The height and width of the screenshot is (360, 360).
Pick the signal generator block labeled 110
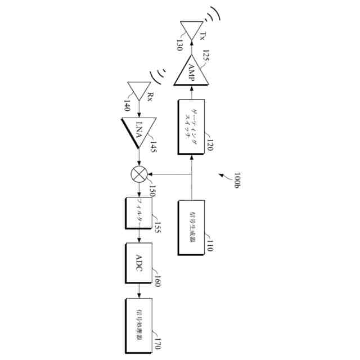192,227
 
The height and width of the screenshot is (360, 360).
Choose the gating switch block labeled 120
192,127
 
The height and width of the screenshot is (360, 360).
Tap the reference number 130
179,45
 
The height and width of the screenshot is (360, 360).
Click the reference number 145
152,147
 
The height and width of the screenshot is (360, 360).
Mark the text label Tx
202,38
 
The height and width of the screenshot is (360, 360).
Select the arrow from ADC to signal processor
139,291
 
